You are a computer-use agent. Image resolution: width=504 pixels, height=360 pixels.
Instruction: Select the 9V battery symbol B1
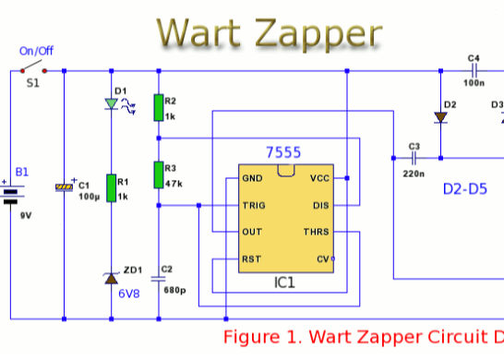tap(12, 195)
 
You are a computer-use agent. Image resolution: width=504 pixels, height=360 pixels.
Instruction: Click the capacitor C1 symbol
tap(64, 187)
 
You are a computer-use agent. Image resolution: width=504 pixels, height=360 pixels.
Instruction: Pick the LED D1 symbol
tap(112, 105)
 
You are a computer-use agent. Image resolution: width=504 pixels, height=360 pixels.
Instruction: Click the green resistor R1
tap(112, 187)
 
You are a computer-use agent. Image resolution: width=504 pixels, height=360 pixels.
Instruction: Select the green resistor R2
tap(159, 107)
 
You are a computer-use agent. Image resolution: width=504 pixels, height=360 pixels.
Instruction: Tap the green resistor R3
tap(159, 175)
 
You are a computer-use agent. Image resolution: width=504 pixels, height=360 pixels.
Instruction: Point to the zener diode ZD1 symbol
tap(112, 278)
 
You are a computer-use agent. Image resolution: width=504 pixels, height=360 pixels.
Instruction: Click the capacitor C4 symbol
tap(474, 69)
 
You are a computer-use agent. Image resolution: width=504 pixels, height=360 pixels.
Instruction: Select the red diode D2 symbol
tap(441, 117)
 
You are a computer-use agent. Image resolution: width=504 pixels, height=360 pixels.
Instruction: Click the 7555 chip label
tap(283, 152)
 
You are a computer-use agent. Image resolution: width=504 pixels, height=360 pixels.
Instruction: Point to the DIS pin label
tap(320, 206)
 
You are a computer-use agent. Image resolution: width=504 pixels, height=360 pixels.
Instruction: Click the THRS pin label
tap(317, 232)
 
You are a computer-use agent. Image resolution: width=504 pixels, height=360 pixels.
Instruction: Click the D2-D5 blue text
tap(464, 189)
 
